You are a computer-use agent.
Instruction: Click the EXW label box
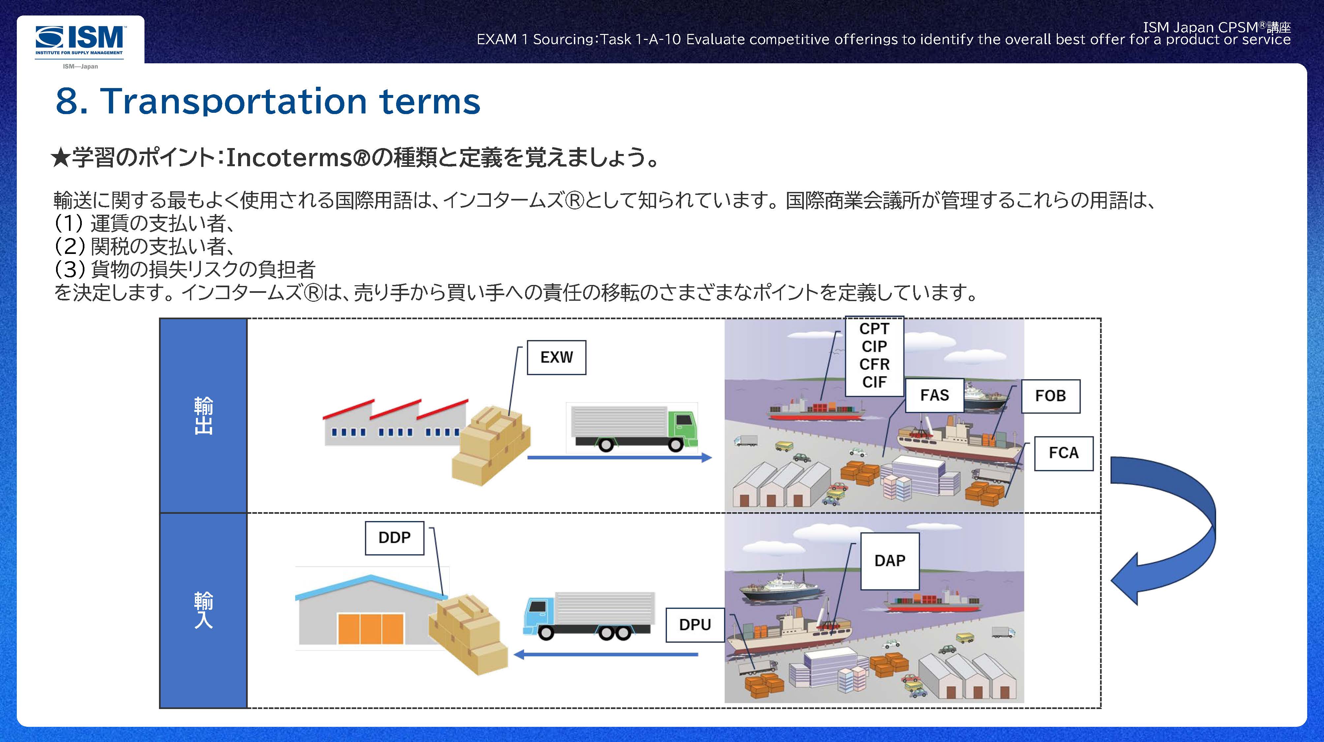(556, 357)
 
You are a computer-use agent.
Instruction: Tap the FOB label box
(1050, 396)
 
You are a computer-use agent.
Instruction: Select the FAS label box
(934, 395)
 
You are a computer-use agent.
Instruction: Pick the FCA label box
(1063, 453)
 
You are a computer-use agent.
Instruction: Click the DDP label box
(394, 538)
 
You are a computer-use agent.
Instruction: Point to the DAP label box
(890, 561)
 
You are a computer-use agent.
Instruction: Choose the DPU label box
(695, 625)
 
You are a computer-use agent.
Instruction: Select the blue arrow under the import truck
(607, 655)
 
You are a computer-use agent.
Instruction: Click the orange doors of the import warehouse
(370, 628)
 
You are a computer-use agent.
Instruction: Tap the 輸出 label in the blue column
(204, 415)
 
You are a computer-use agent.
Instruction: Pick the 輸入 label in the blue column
(204, 610)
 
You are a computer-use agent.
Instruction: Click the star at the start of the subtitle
(61, 158)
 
